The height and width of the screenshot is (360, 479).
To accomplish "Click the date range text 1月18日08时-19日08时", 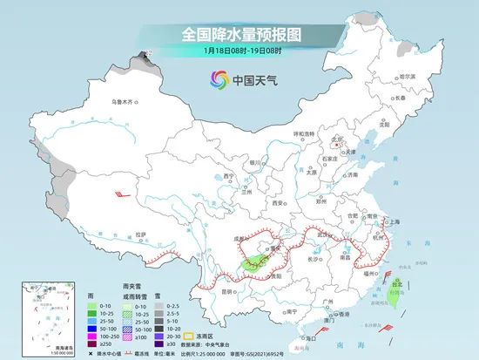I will (x=239, y=51).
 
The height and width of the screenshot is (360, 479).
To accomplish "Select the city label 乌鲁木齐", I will (x=124, y=102).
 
